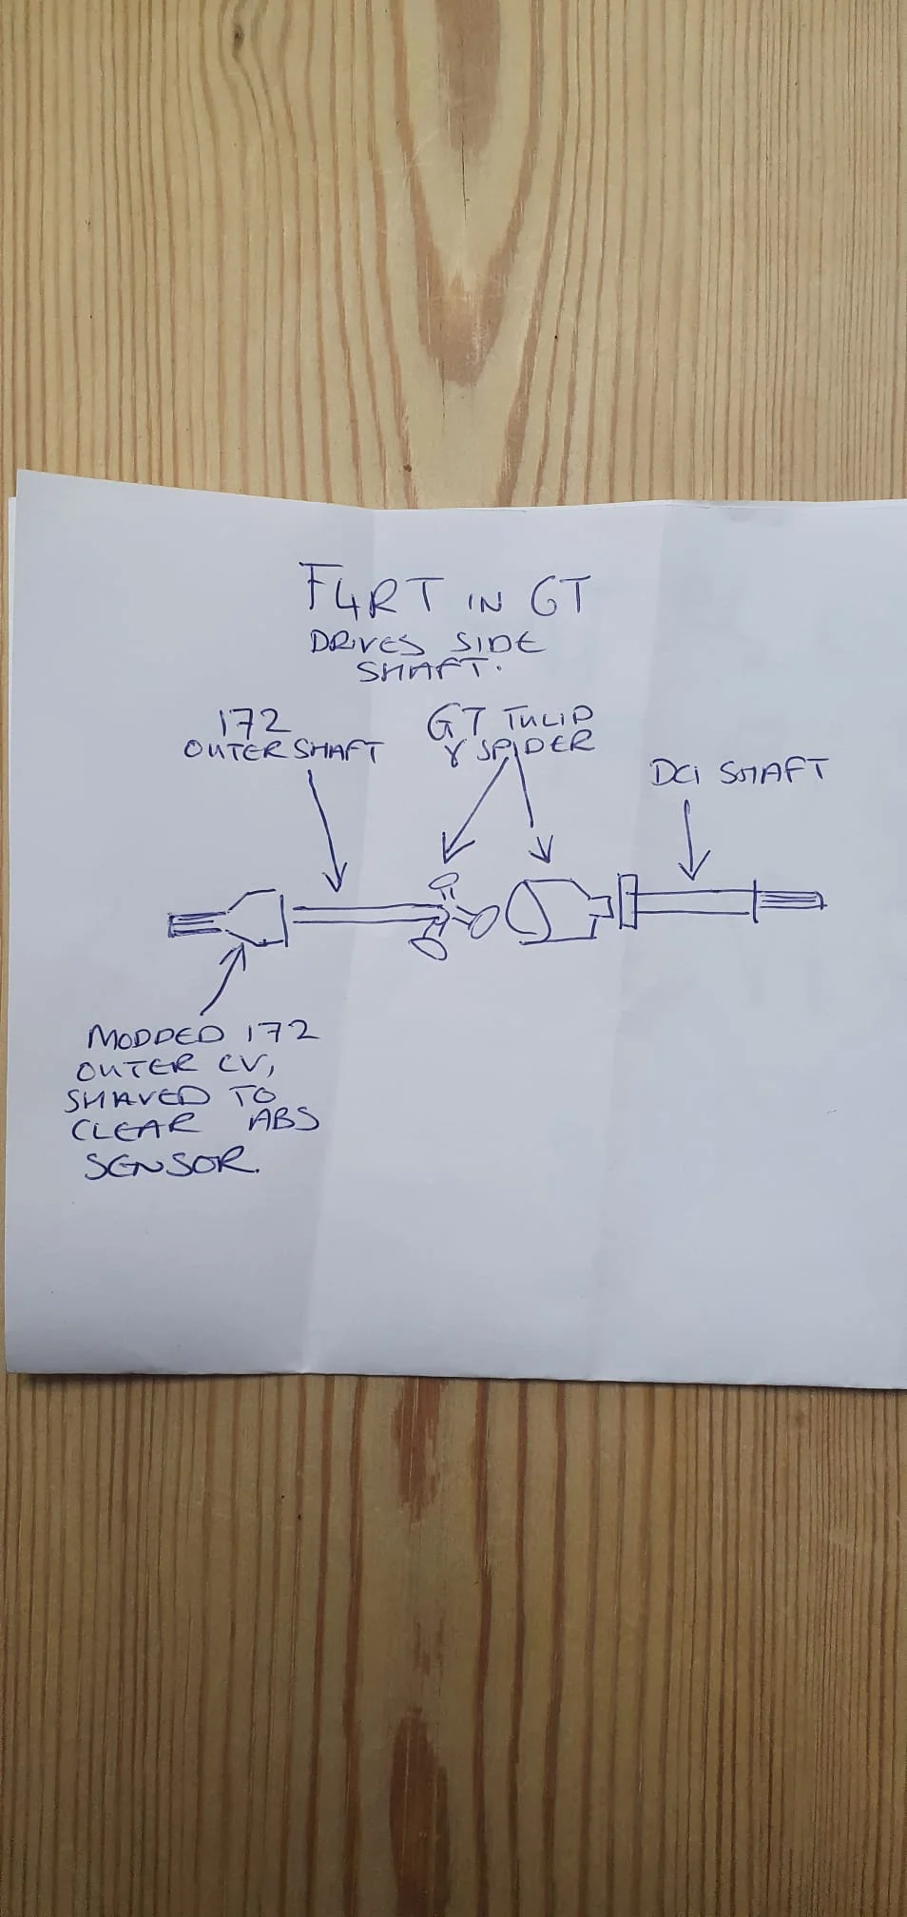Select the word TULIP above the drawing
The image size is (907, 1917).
[546, 720]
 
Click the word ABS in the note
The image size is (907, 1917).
[282, 1120]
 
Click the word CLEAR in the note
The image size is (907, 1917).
[132, 1126]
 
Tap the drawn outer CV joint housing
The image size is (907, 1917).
[252, 917]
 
